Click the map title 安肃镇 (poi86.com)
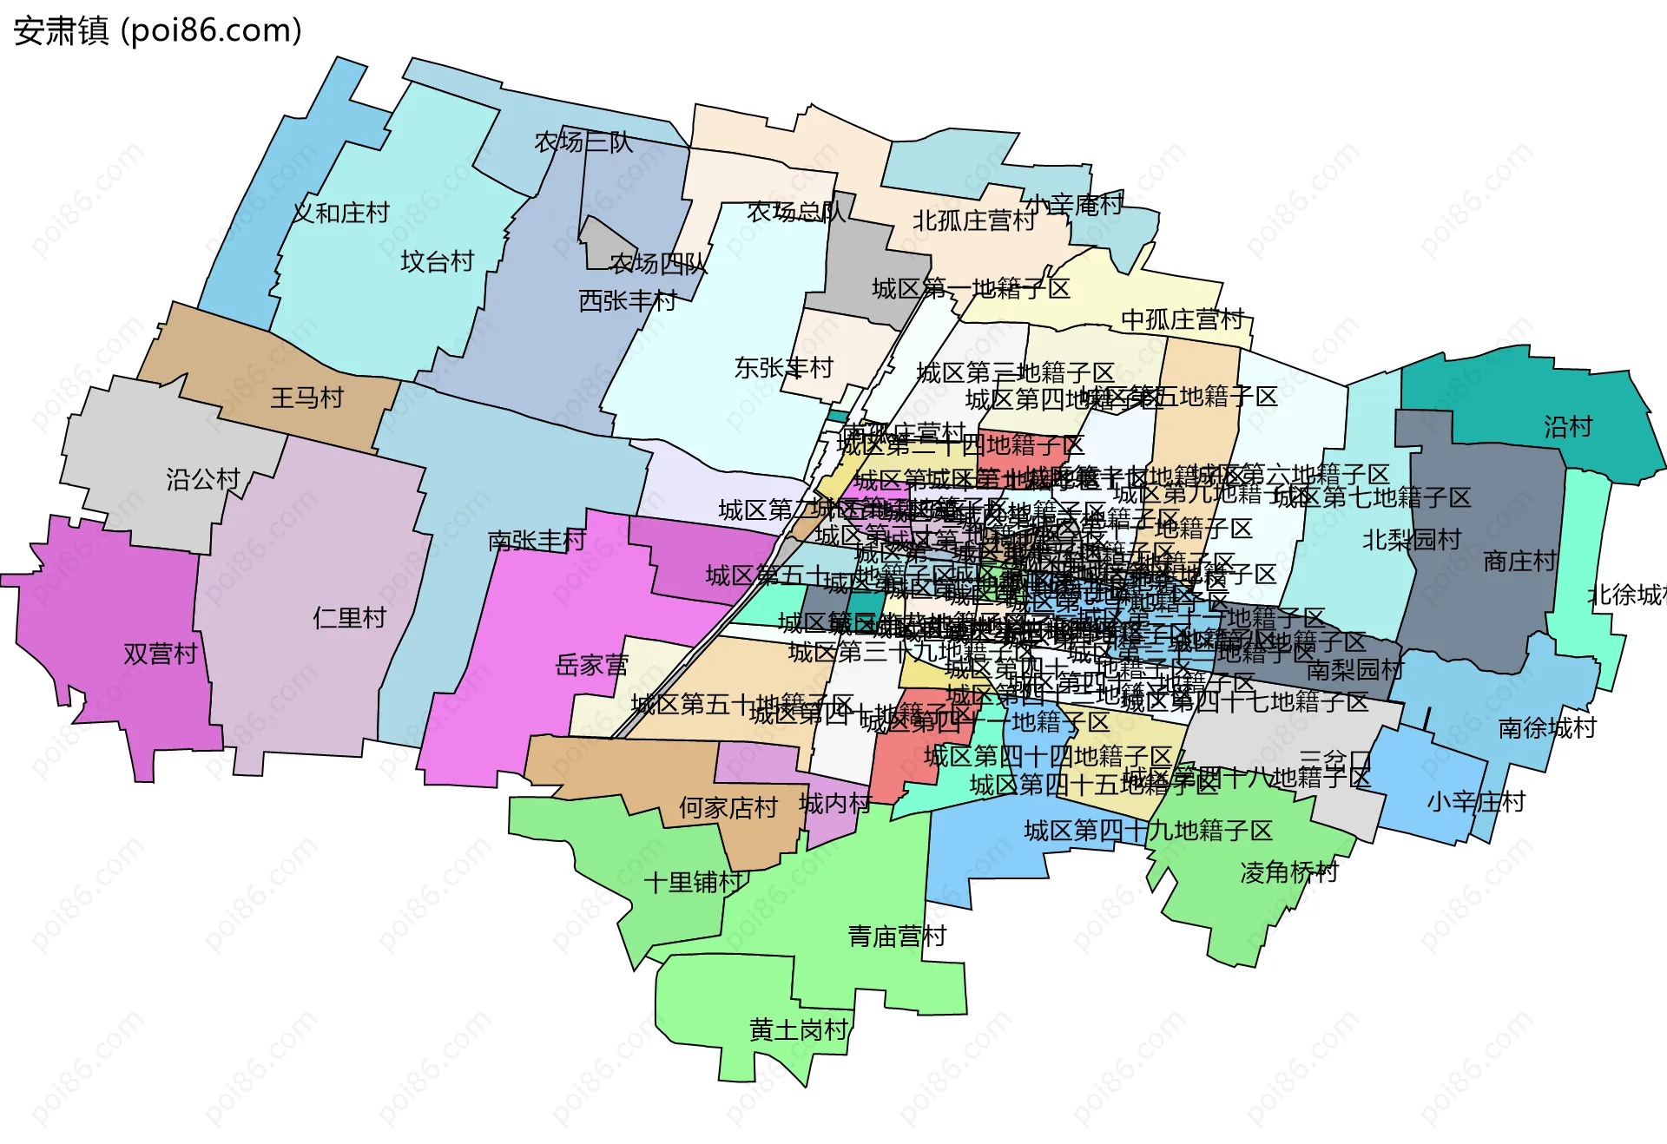click(x=157, y=31)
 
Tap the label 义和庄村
click(x=341, y=213)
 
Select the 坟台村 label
click(x=437, y=261)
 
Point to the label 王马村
click(x=306, y=398)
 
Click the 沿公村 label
click(x=202, y=479)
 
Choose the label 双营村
click(x=161, y=654)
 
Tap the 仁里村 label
click(x=349, y=618)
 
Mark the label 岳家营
click(x=591, y=666)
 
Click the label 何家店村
click(x=728, y=808)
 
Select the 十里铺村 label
click(x=693, y=883)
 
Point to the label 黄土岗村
click(x=798, y=1030)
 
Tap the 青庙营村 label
click(x=896, y=937)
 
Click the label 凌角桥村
click(x=1288, y=872)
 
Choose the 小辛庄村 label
click(x=1475, y=801)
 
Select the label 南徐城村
click(x=1547, y=728)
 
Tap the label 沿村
click(x=1567, y=426)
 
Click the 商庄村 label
click(x=1519, y=562)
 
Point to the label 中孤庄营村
click(x=1183, y=319)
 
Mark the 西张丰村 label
click(x=628, y=301)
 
